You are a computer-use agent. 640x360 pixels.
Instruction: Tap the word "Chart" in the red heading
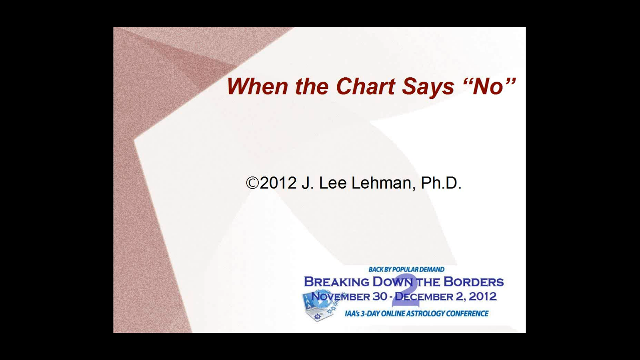click(366, 86)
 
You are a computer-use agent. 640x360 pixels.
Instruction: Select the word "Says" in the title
click(428, 86)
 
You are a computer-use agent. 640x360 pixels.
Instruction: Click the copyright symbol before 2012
click(252, 183)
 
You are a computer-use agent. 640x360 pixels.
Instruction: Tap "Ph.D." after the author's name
click(441, 183)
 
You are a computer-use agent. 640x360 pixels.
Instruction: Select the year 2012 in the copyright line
click(278, 183)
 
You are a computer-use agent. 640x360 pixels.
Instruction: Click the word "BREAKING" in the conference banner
click(336, 282)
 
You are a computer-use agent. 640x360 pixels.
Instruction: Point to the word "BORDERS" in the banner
click(474, 282)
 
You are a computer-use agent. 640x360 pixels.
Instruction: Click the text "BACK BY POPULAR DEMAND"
click(406, 270)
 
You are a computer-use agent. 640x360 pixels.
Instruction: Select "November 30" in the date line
click(349, 297)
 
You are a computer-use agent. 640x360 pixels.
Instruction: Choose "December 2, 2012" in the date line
click(446, 297)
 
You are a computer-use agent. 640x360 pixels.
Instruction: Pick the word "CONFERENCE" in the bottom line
click(467, 314)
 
